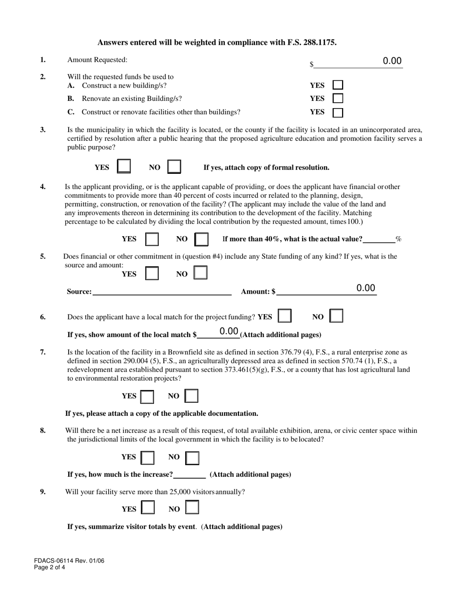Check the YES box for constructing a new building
pos(338,86)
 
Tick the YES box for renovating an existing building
pos(338,98)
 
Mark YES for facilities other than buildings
pos(338,112)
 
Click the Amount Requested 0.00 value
pos(392,61)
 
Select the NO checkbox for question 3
pos(174,167)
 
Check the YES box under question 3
pos(124,167)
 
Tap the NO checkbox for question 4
pos(201,239)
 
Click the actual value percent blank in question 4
pos(379,239)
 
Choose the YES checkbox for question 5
pos(152,273)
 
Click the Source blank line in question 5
pos(162,291)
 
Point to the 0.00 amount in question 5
pos(366,288)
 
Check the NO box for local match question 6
pos(336,317)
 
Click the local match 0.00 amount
pos(229,332)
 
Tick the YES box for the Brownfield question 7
pos(147,396)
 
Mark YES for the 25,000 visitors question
pos(148,508)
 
